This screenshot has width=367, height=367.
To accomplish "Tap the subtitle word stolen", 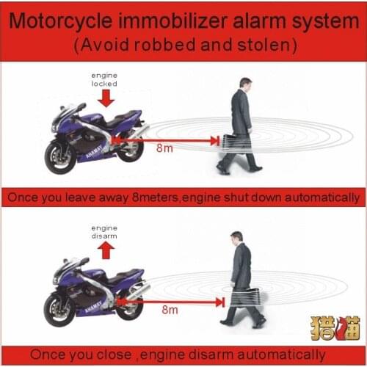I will click(x=267, y=45).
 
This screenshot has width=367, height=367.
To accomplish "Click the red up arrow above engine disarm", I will click(x=103, y=252).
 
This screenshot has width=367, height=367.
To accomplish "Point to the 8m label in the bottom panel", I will click(x=170, y=310).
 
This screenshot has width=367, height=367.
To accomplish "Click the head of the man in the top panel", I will click(x=244, y=83).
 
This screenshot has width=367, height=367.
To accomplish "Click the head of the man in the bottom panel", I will click(x=236, y=237).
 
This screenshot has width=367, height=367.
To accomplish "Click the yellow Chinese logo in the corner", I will click(x=335, y=327).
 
